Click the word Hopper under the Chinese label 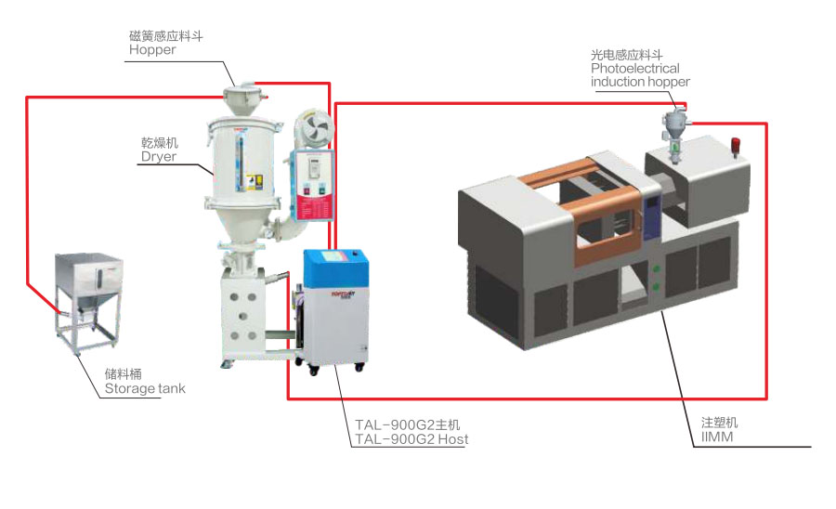(x=152, y=50)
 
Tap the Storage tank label (x=145, y=388)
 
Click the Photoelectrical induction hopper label (x=640, y=75)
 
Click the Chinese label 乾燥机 (x=159, y=142)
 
